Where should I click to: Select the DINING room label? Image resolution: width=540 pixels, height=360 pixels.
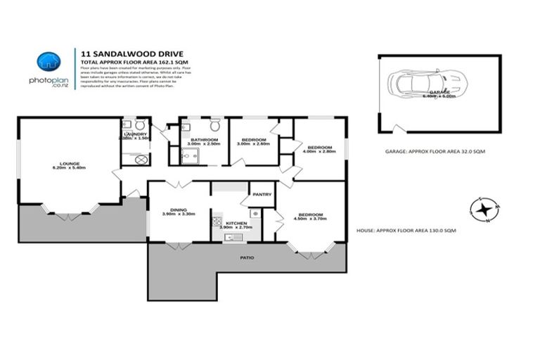tap(178, 209)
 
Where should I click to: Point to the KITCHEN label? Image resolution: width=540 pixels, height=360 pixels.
tap(236, 223)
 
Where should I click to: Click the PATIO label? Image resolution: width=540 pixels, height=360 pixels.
tap(247, 258)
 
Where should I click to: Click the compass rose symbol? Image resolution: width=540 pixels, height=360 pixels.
tap(484, 209)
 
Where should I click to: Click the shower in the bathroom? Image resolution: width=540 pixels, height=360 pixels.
tap(189, 156)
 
